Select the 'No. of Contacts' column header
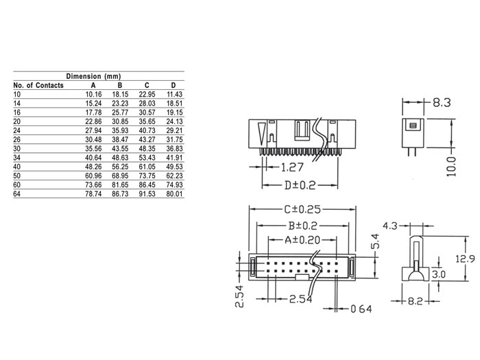click(38, 86)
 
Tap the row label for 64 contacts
click(17, 194)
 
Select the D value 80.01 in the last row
click(174, 194)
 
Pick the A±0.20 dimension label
click(301, 240)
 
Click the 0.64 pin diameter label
click(359, 309)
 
